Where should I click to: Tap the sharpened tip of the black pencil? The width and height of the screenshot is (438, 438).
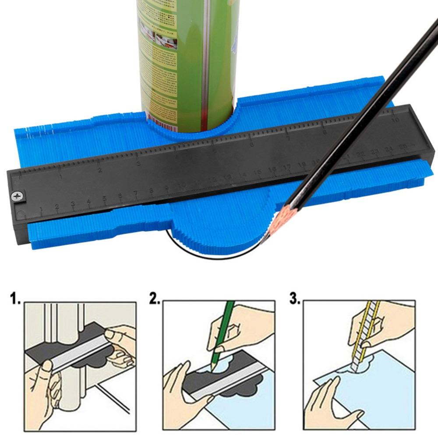(x=264, y=237)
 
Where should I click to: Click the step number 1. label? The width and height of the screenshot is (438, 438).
(x=15, y=300)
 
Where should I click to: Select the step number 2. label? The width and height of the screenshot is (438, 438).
(x=154, y=300)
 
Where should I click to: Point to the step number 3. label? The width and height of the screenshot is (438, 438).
(x=294, y=300)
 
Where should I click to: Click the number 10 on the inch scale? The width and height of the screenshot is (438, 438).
(x=395, y=120)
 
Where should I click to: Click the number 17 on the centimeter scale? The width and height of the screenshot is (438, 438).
(x=287, y=167)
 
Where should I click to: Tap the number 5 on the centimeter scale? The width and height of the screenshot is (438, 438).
(x=104, y=198)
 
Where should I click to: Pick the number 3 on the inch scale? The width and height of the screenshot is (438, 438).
(x=138, y=163)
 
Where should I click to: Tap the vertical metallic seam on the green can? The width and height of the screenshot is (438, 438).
(x=205, y=66)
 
